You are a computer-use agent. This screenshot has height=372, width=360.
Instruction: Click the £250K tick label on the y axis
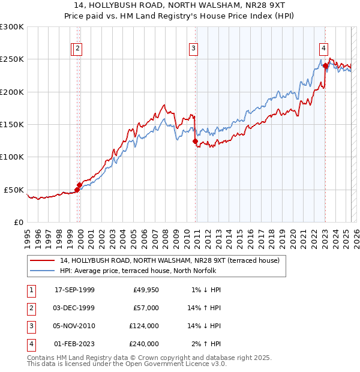tap(12, 59)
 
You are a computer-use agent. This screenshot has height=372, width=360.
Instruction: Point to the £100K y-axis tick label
tap(12, 157)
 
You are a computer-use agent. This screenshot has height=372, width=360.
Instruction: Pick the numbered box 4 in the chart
tap(323, 49)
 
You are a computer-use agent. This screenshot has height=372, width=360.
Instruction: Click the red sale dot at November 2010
tap(195, 142)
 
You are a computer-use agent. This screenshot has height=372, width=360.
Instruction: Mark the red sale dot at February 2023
tap(325, 66)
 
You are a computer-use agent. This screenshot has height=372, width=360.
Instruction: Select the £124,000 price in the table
tap(144, 326)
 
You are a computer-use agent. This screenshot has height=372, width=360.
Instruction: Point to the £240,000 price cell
tap(144, 344)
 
